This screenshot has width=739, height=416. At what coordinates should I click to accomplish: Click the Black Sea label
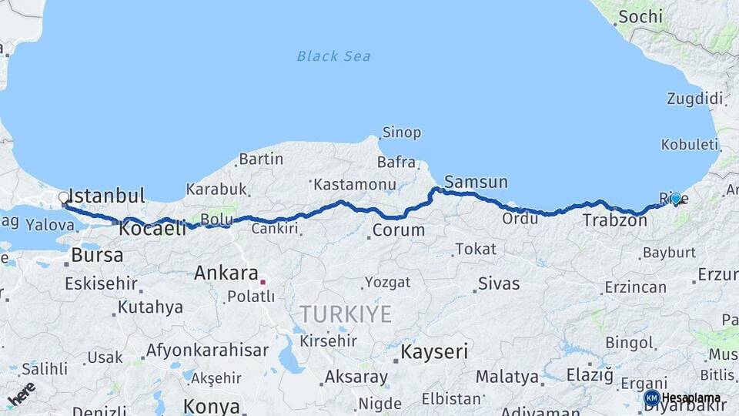pos(333,55)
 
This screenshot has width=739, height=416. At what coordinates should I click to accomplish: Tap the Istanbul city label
pos(107,194)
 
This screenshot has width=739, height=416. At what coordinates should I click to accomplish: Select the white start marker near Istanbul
pos(64,198)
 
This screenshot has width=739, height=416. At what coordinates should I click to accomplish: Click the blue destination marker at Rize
pos(676,198)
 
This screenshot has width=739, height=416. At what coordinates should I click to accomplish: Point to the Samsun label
pos(476,183)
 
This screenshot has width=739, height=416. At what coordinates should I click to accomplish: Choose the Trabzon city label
pos(614,220)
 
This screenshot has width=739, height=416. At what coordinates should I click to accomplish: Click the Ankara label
pos(226,273)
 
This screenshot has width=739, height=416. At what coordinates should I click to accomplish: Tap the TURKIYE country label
pos(346,314)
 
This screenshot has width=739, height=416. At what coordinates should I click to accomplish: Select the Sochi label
pos(639,16)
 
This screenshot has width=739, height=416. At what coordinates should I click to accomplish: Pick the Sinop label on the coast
pos(402,133)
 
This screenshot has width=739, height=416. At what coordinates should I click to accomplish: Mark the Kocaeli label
pos(152,229)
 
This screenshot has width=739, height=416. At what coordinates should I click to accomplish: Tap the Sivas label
pos(499,283)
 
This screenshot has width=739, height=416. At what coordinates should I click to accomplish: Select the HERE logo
pos(21,393)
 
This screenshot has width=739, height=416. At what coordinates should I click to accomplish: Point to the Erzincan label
pos(636,287)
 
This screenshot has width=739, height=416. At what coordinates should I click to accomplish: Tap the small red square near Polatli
pos(262,282)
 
